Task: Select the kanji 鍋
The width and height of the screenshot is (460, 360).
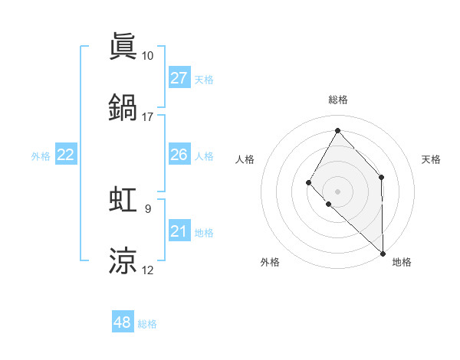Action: click(123, 108)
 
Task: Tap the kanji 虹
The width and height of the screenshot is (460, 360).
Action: click(123, 199)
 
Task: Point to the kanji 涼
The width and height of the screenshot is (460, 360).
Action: click(123, 260)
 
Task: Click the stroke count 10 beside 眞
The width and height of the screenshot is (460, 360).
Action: click(147, 56)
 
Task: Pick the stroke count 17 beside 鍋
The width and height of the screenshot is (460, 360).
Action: click(147, 117)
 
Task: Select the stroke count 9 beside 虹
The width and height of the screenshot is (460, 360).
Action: click(147, 208)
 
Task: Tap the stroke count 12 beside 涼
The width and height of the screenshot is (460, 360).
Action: click(147, 270)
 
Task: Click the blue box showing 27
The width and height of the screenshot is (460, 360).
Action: click(179, 78)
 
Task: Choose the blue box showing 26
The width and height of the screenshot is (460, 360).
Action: click(179, 155)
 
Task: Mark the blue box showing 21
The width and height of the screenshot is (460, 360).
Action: click(179, 231)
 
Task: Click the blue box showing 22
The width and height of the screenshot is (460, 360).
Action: click(66, 155)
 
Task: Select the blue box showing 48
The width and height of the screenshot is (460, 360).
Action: click(123, 322)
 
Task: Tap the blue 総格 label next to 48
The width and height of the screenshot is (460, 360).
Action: click(147, 324)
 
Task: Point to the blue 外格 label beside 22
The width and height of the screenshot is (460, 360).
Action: click(41, 156)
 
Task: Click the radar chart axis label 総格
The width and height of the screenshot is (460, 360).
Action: click(337, 100)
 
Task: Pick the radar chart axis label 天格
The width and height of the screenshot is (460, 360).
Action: click(431, 159)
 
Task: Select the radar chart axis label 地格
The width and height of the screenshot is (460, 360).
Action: click(402, 263)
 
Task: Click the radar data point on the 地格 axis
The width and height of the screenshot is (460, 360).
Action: click(383, 253)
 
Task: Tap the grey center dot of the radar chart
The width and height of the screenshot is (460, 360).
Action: click(337, 191)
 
